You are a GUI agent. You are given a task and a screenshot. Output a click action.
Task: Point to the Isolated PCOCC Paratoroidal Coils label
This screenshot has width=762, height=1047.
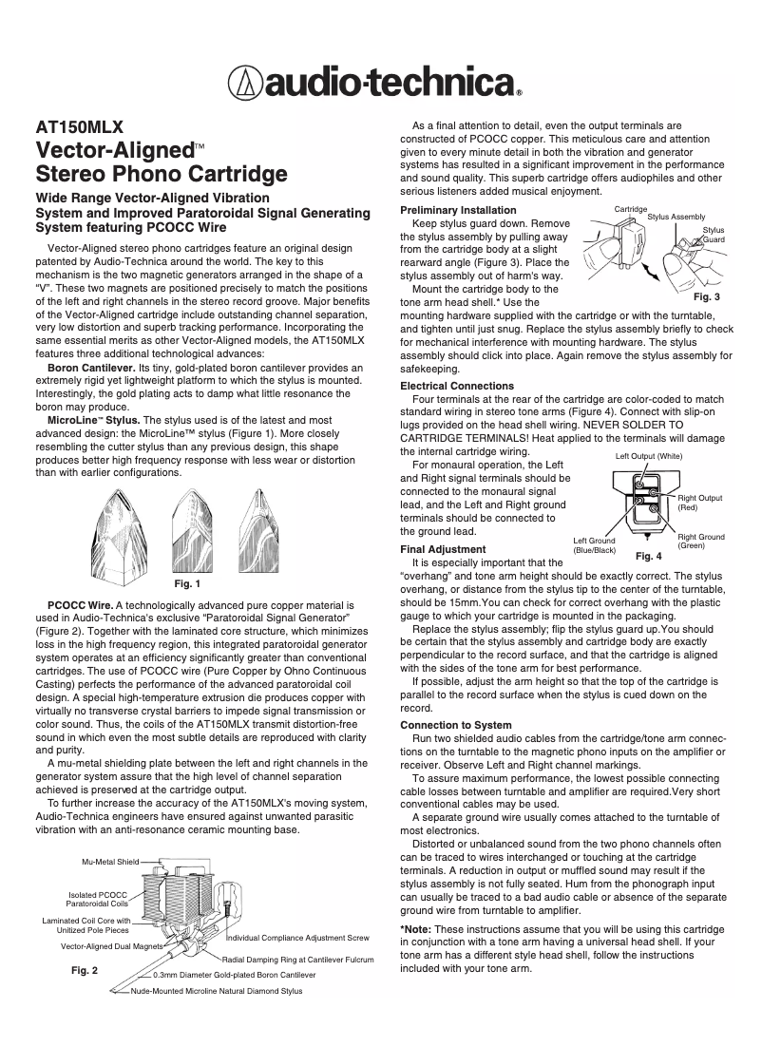[98, 899]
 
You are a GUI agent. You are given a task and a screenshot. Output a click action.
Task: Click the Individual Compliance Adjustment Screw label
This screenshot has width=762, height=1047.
[297, 937]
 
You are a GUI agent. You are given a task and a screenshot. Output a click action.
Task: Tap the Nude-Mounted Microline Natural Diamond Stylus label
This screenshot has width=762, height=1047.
[217, 991]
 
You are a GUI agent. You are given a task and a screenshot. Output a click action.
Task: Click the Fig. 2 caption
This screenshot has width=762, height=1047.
[86, 971]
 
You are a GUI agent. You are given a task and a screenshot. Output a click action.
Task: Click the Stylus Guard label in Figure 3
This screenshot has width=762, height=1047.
[714, 235]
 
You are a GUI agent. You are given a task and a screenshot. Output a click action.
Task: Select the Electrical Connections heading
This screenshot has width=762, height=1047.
[457, 387]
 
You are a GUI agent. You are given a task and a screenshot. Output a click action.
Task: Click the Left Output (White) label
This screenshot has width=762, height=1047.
[649, 457]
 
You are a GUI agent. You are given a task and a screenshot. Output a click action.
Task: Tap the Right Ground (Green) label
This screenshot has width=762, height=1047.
[700, 542]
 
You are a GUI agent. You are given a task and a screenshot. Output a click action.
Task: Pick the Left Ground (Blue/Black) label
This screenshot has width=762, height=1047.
[595, 545]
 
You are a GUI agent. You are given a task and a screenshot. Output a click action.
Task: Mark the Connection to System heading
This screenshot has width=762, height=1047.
[455, 725]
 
